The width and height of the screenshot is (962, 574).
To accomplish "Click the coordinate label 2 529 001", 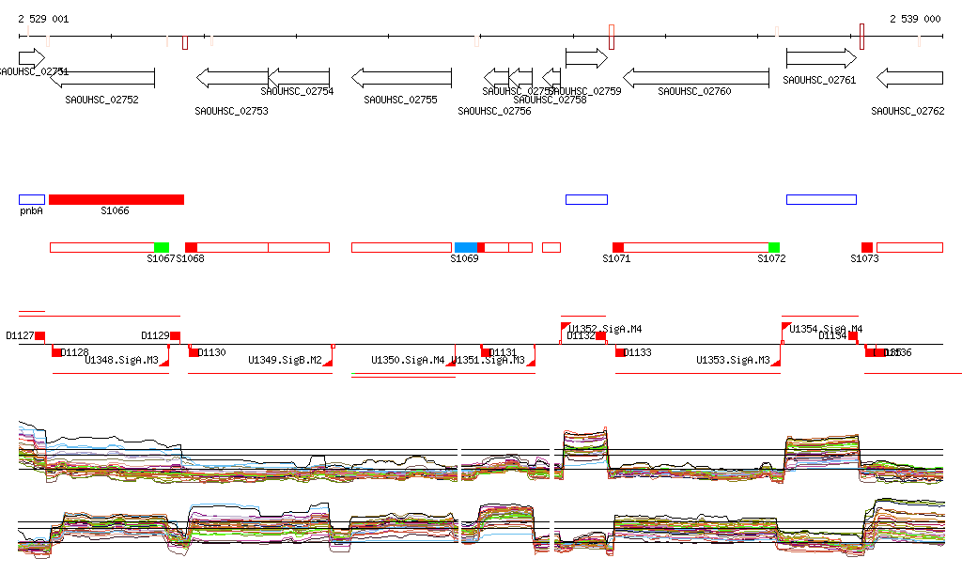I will click(43, 19).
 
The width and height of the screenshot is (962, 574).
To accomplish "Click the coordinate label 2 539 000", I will click(915, 19).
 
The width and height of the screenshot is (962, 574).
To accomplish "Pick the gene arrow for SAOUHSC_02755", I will click(401, 77).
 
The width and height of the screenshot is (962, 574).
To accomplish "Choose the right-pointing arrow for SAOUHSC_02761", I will click(821, 58).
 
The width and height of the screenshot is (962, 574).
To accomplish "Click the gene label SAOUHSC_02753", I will click(231, 111).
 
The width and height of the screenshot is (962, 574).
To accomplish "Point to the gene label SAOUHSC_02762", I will click(908, 111).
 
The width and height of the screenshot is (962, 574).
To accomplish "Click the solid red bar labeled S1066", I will click(116, 199).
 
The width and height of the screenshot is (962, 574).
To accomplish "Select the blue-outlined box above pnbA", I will click(32, 199).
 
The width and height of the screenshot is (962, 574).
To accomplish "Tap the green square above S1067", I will click(162, 247).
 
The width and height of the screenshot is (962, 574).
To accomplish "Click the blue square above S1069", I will click(465, 247).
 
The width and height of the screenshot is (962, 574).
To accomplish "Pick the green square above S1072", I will click(773, 247).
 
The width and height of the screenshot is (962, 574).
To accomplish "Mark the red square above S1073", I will click(867, 247).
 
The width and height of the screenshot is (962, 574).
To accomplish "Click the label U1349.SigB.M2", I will click(285, 360).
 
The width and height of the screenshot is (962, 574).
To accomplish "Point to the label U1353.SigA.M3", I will click(733, 360).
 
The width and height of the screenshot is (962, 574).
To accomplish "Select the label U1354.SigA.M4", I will click(826, 329).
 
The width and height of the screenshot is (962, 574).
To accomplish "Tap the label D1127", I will click(20, 335).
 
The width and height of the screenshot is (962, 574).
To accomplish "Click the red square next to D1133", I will click(620, 352).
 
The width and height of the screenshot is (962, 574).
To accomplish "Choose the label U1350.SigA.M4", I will click(408, 360).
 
